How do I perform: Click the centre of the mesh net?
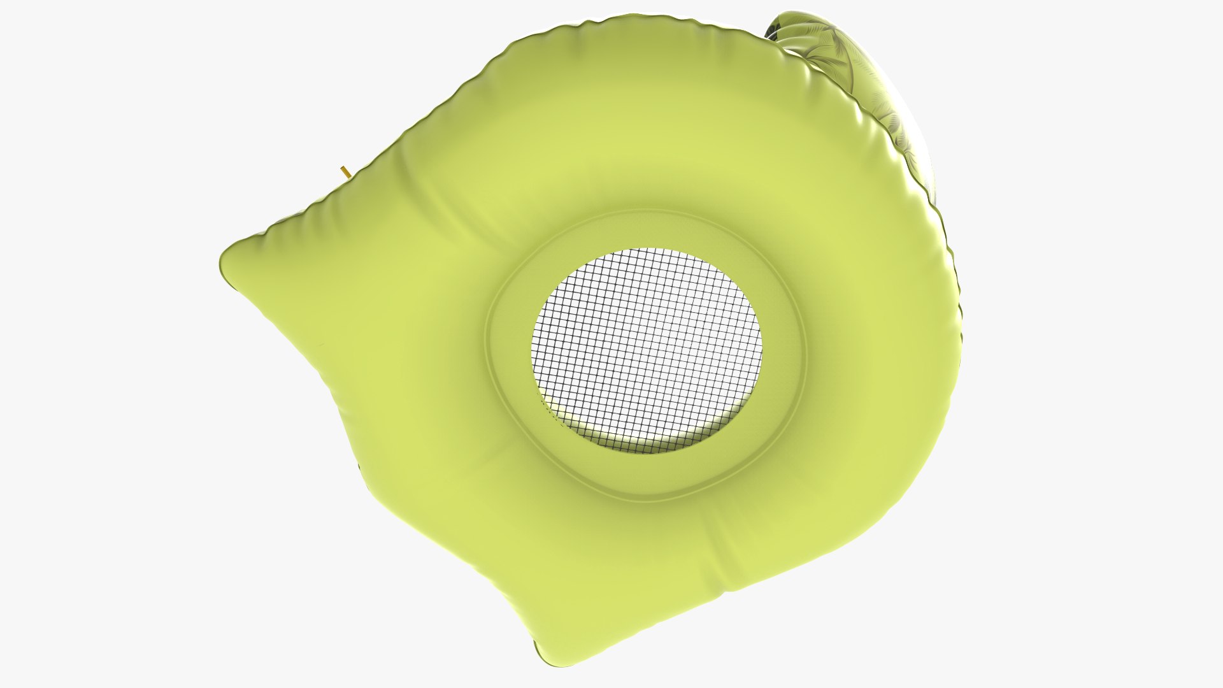pyautogui.click(x=647, y=347)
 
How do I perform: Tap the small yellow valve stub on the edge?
pyautogui.click(x=345, y=171)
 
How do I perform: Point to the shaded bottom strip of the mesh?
pyautogui.click(x=643, y=440)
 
